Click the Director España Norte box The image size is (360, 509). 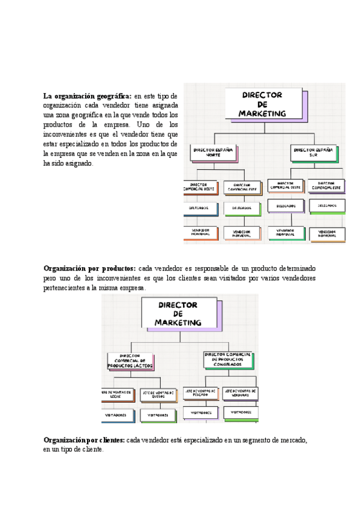(x=213, y=152)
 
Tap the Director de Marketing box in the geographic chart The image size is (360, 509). (x=262, y=104)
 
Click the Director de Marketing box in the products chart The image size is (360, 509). (x=178, y=314)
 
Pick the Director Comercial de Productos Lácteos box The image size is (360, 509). (x=130, y=361)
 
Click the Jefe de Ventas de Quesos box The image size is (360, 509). (x=158, y=394)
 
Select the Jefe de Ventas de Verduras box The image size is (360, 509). (x=241, y=393)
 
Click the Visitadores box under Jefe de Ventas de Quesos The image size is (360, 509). (x=158, y=414)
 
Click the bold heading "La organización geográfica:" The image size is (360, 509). (x=87, y=96)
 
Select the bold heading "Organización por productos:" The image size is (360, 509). (x=89, y=268)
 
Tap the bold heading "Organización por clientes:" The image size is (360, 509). (x=84, y=441)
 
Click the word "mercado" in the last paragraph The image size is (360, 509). (x=292, y=441)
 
